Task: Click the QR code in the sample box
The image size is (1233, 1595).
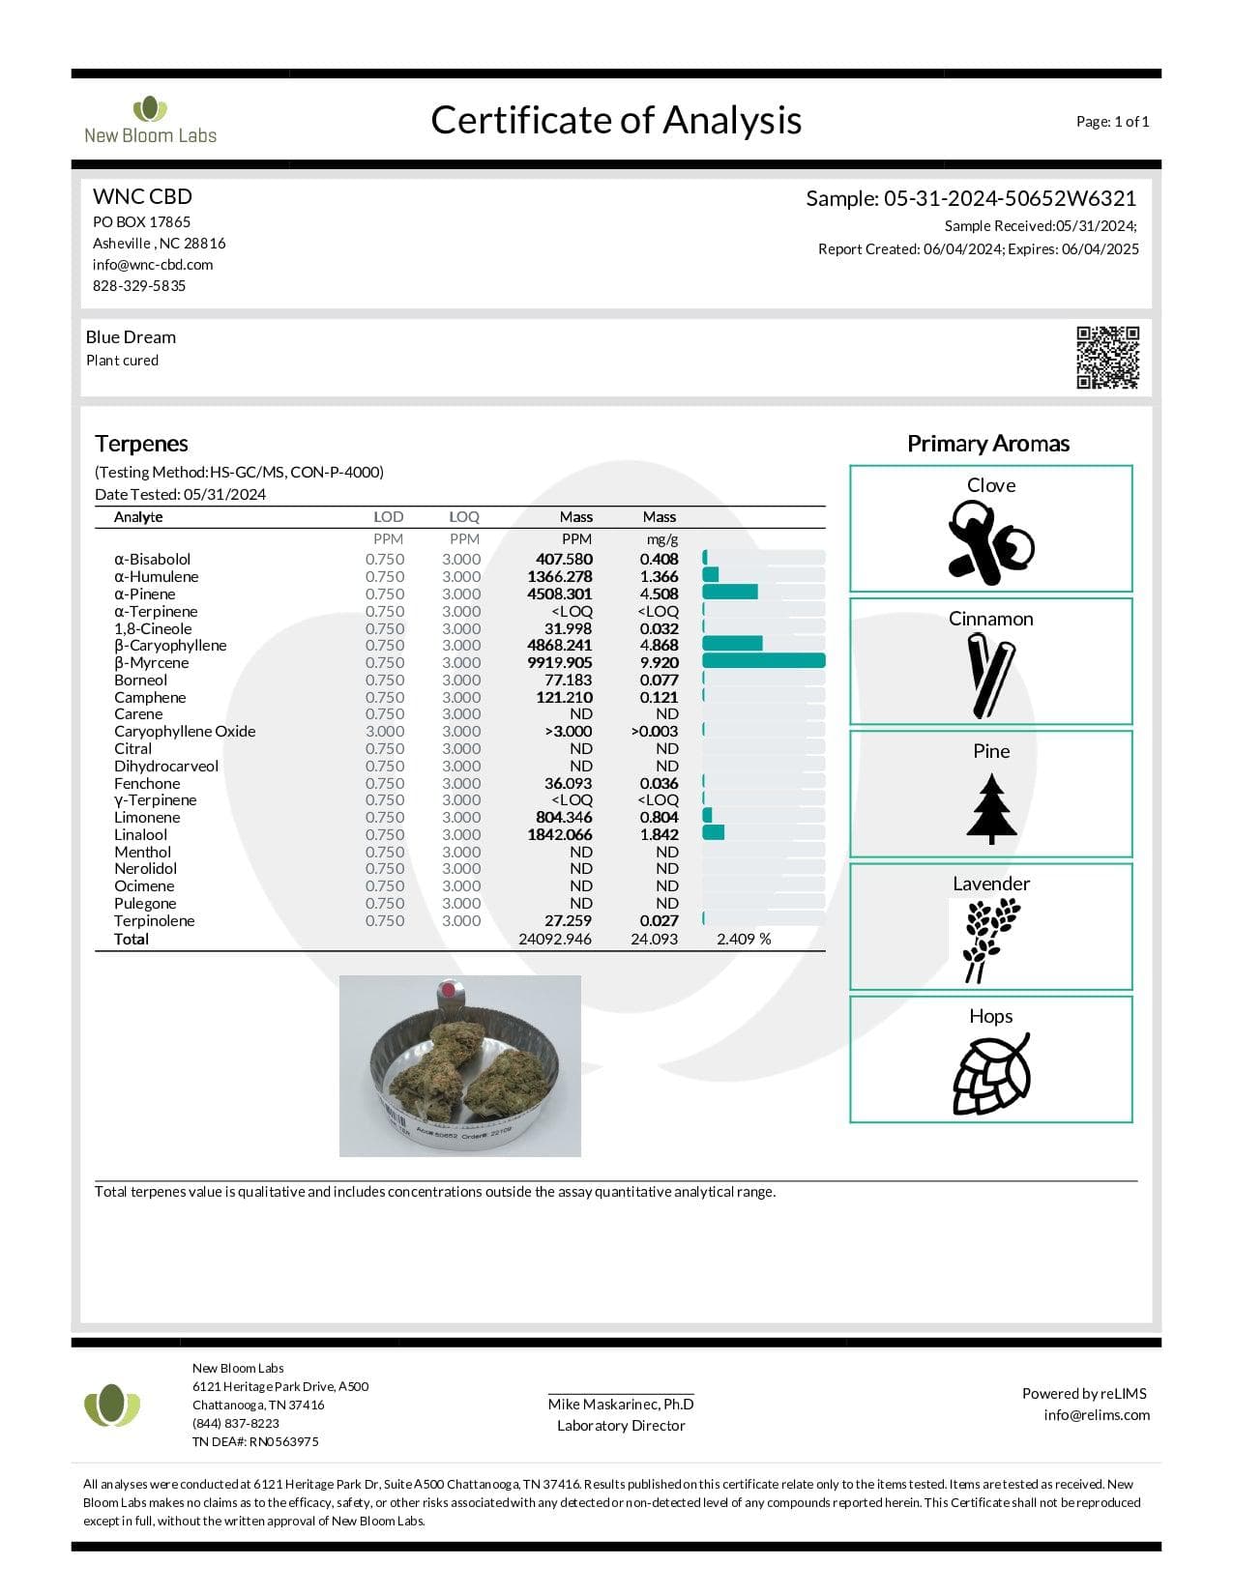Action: (1108, 357)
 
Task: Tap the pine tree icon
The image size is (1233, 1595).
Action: (991, 808)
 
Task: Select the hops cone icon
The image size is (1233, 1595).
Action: (991, 1074)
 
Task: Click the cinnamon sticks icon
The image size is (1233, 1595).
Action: (991, 675)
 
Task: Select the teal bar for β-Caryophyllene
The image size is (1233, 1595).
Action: (732, 644)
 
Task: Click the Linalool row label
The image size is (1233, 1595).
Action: (141, 835)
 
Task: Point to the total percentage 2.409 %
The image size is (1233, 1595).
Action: (744, 940)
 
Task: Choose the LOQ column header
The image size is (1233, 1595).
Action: (464, 517)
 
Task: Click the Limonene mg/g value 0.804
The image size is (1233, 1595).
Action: (659, 818)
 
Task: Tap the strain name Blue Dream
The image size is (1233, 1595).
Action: (131, 337)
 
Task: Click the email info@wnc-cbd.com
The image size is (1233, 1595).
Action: (153, 265)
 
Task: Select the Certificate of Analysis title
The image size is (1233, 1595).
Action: (616, 121)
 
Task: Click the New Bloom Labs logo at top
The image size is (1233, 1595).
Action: (150, 121)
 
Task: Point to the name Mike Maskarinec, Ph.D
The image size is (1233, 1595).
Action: (621, 1405)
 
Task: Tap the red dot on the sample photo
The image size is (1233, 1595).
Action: (447, 990)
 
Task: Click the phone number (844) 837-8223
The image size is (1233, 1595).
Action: (236, 1423)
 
